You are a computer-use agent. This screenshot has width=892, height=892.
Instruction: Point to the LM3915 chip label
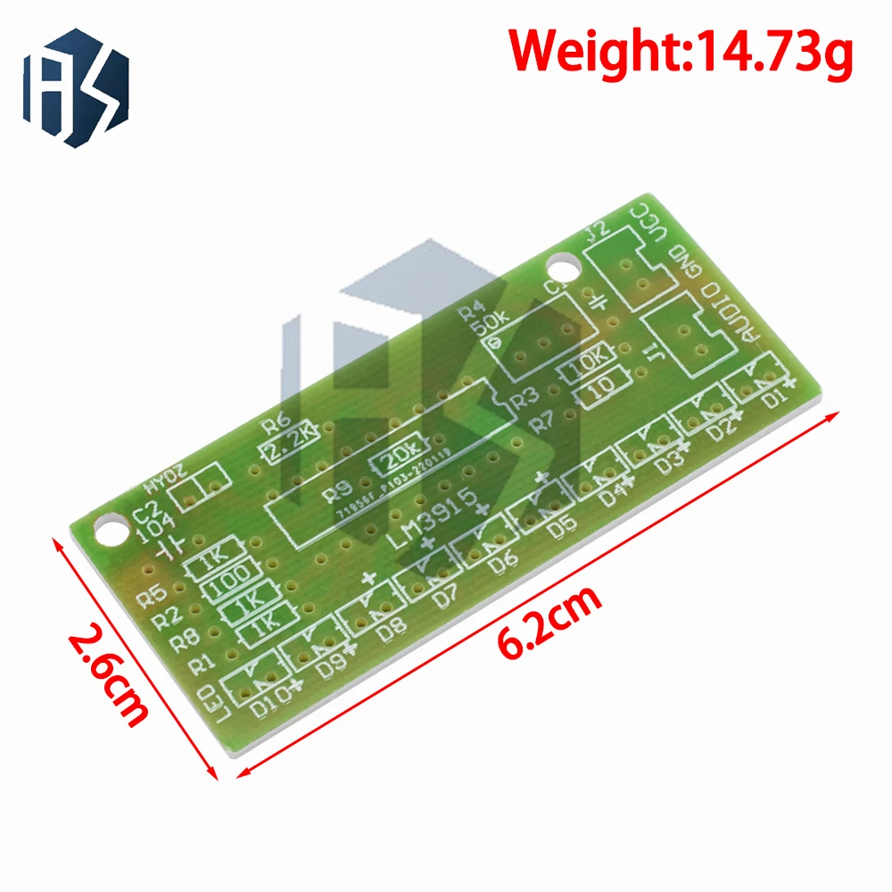442,518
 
